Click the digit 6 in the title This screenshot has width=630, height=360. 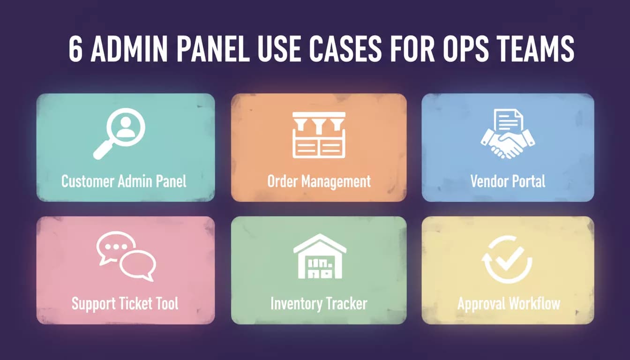pos(76,49)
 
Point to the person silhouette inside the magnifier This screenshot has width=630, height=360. pos(126,127)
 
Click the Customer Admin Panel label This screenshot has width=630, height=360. pos(124,181)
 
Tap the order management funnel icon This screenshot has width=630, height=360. pos(319,135)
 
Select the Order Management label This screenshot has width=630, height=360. pos(319,182)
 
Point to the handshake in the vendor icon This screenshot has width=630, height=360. pos(508,144)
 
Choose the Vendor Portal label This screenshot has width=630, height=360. pos(508,181)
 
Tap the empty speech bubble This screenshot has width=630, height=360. pos(138,266)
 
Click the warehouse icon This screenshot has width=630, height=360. pos(320,256)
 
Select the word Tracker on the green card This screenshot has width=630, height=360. pos(346,304)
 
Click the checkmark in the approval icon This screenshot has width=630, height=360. pos(510,258)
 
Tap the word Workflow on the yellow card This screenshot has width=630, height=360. pos(535,304)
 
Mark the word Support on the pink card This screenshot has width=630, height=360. pos(94,304)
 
